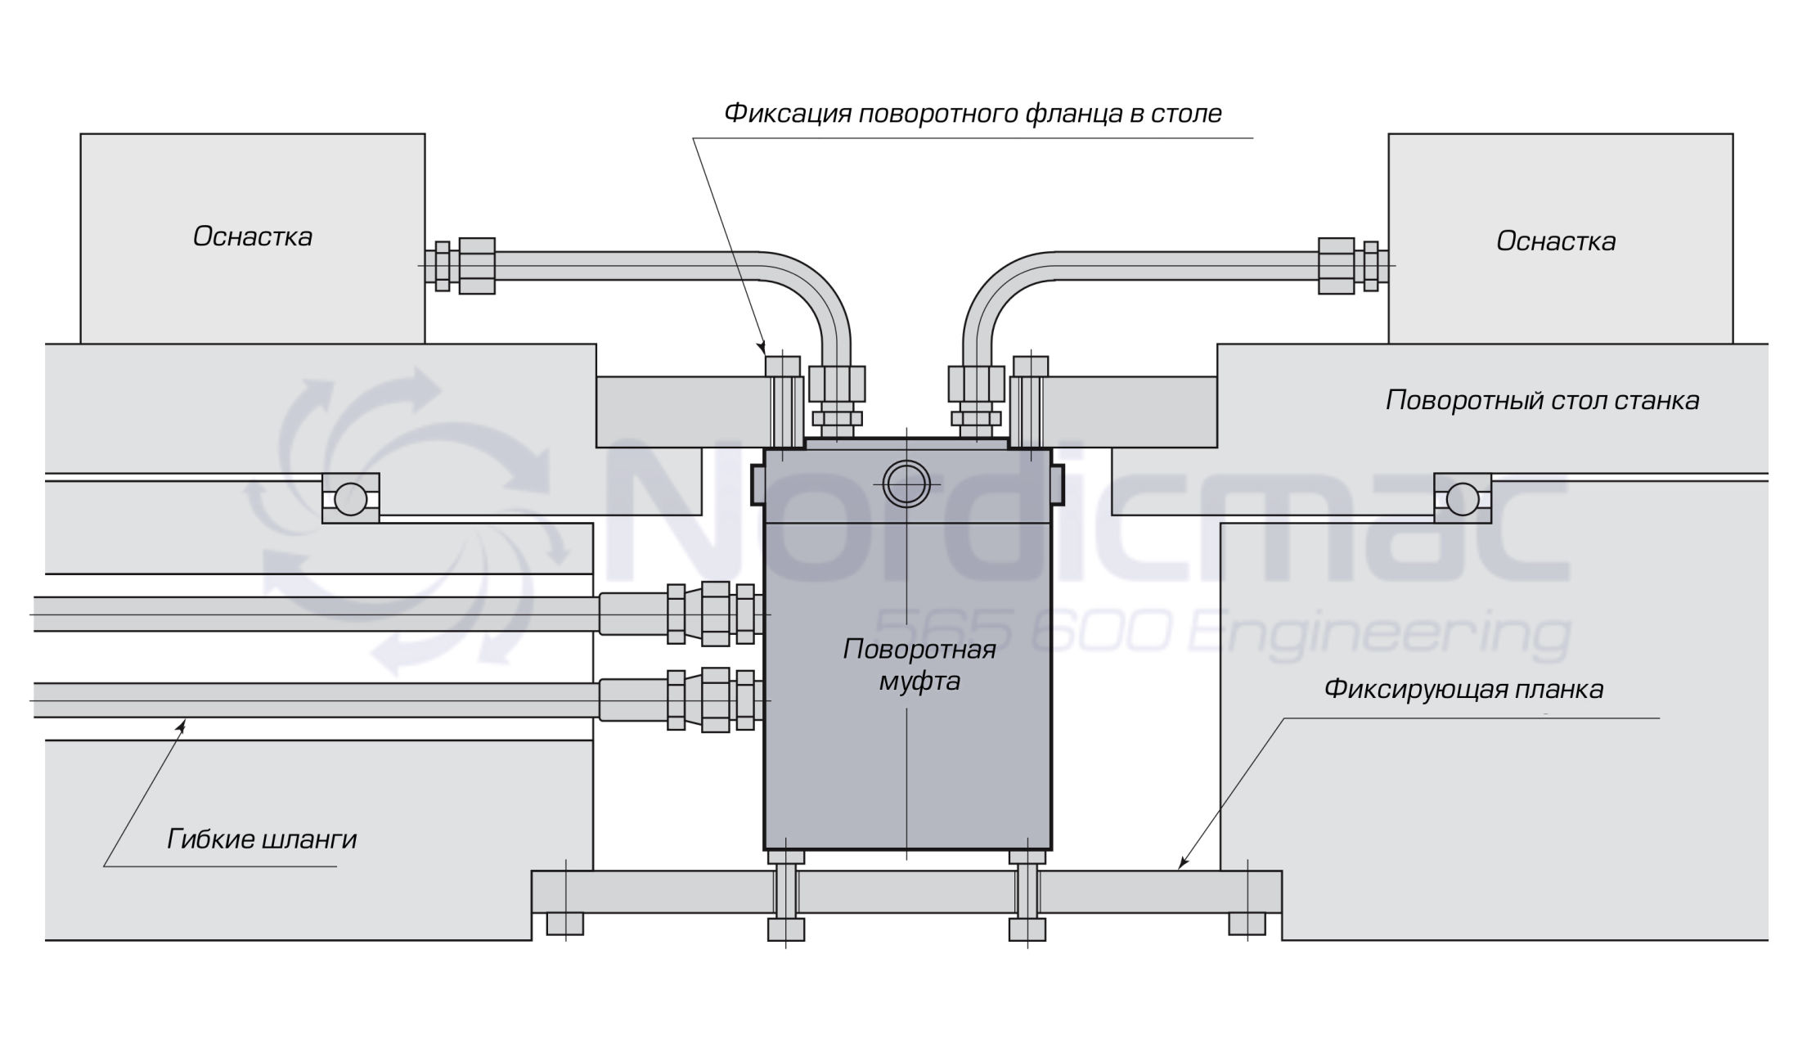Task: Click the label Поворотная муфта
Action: pos(919,664)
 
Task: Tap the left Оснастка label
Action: pos(253,236)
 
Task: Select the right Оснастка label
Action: pos(1555,241)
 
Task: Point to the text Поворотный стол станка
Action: pos(1542,400)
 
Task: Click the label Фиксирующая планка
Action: pos(1463,689)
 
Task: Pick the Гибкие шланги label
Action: pos(262,839)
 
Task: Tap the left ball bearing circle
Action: pos(350,498)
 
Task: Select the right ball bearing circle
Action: pos(1462,498)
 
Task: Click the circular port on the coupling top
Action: pos(906,484)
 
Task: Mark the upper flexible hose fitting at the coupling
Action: pos(714,614)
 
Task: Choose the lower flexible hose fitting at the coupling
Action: pos(714,700)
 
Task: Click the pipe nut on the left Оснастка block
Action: pos(476,265)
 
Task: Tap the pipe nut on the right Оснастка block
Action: pos(1336,265)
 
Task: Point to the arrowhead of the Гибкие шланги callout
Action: pos(183,722)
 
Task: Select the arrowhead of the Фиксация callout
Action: pos(762,348)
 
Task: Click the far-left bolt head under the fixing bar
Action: pos(564,924)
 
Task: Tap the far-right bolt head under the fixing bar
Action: pos(1247,924)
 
